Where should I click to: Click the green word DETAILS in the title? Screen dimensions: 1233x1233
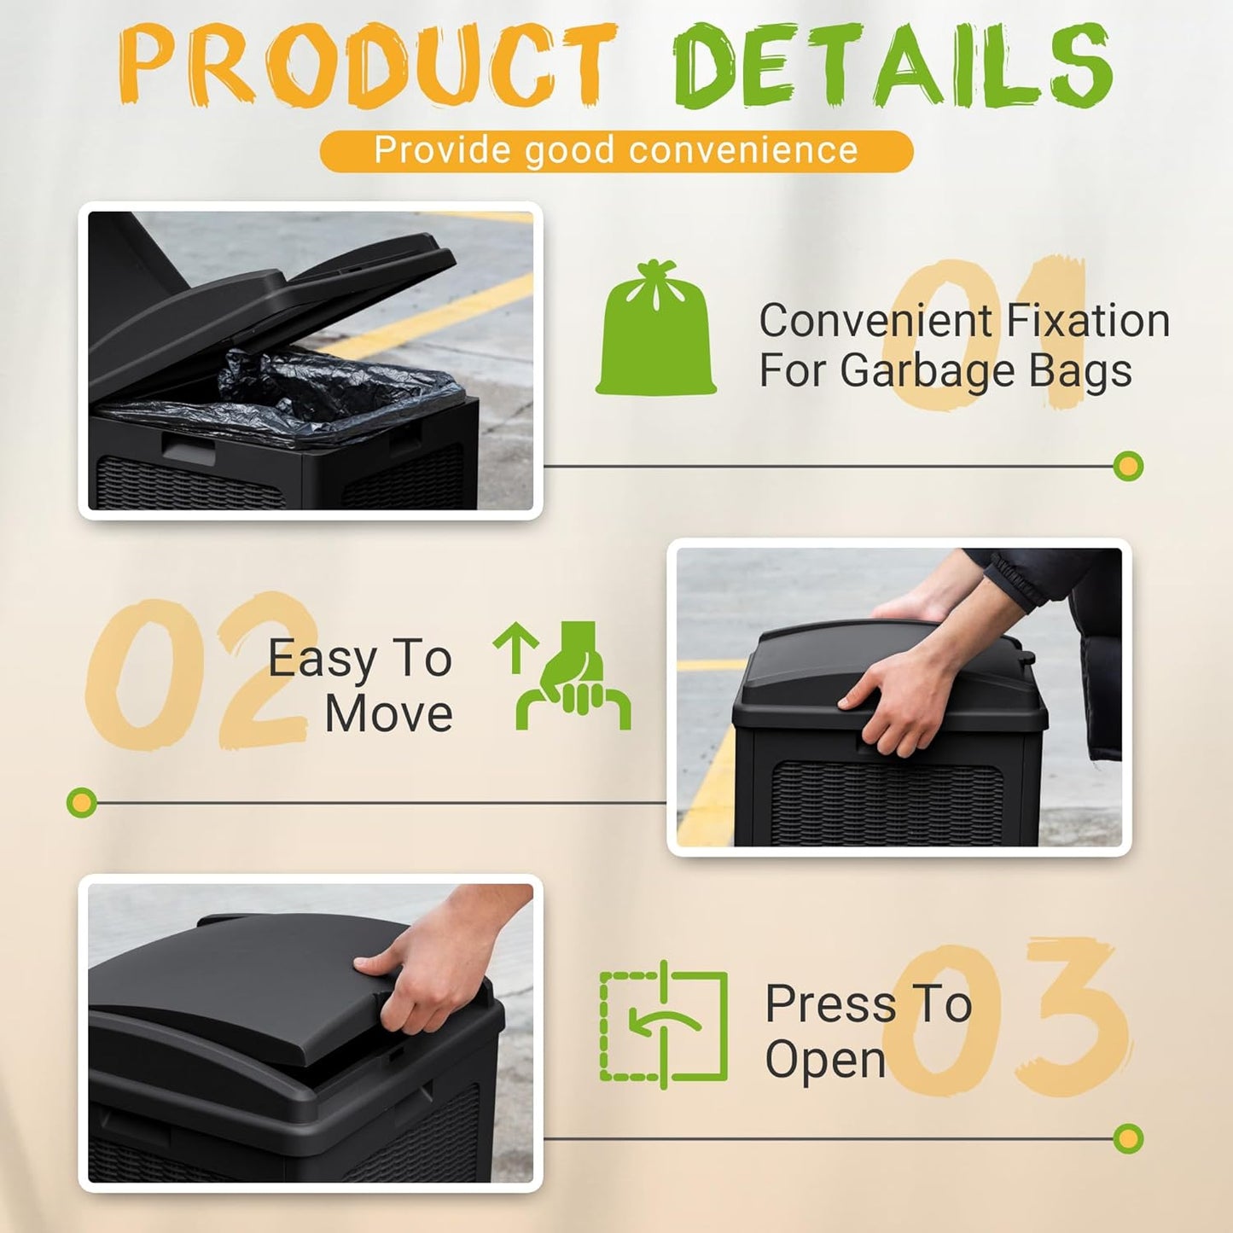point(893,66)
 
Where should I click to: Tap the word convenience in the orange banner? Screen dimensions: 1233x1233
point(742,150)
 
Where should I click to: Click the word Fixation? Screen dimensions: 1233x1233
point(1087,321)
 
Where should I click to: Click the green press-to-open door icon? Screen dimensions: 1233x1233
point(664,1025)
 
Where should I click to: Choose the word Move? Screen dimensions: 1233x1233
point(388,714)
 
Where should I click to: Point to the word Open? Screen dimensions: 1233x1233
point(825,1060)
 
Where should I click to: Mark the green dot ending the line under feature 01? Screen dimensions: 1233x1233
point(1128,466)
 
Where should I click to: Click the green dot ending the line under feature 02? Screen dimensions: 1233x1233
point(82,802)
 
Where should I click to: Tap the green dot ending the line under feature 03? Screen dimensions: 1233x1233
point(1128,1137)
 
